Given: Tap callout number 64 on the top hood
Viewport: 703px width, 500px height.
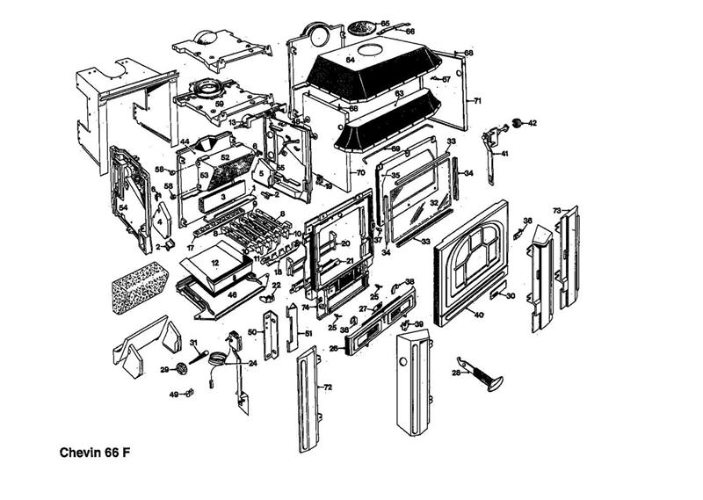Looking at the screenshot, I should pos(349,60).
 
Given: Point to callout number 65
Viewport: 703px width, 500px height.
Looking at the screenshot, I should pos(385,23).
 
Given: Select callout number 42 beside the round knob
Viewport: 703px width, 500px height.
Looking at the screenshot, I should pos(532,122).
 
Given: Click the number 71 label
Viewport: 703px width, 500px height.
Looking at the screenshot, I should pos(477,102).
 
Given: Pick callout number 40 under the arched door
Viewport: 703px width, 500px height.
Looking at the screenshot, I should pos(479,314).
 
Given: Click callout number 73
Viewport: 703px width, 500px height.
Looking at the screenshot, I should pos(556,211).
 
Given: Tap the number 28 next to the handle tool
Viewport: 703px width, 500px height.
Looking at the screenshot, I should pos(455,373).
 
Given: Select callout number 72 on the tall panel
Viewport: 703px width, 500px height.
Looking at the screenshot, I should pos(328,387).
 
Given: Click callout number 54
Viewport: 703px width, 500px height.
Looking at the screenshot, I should pos(124,207).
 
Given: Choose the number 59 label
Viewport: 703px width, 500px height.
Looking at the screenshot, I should pos(220,104).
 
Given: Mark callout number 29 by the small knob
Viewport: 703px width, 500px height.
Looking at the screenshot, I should pos(163,370).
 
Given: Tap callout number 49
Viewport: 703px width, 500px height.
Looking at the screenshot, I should pos(173,394).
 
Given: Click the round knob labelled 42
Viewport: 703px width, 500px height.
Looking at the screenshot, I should pos(518,120).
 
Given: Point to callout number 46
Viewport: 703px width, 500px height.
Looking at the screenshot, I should pos(232,296).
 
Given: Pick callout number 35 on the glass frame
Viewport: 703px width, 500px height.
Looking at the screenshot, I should pos(395,176).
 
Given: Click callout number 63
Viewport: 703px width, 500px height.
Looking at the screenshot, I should pos(398,93).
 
